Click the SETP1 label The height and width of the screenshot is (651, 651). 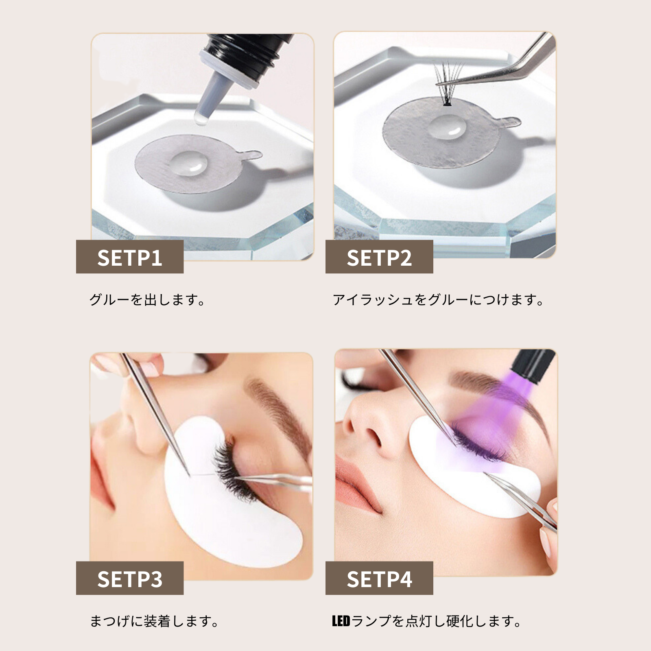130,257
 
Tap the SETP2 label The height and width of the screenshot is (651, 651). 379,257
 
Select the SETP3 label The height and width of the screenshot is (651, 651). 130,579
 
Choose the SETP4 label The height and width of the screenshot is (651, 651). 379,579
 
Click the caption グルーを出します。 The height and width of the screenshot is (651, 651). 147,300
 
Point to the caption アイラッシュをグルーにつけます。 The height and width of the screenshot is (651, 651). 438,300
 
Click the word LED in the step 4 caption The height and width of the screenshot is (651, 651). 341,621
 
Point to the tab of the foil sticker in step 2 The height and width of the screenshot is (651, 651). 509,122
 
